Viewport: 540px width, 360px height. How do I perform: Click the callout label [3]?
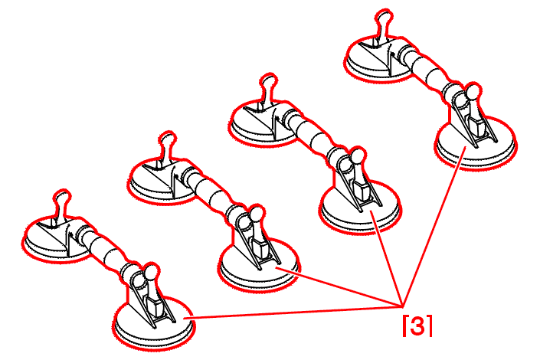click(x=417, y=326)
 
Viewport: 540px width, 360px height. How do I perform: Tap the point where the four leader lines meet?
click(x=403, y=306)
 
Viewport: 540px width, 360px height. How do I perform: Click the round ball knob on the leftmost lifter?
click(x=151, y=272)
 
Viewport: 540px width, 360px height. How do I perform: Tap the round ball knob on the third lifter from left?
click(x=358, y=156)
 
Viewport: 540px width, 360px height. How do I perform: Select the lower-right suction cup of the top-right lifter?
click(x=476, y=144)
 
